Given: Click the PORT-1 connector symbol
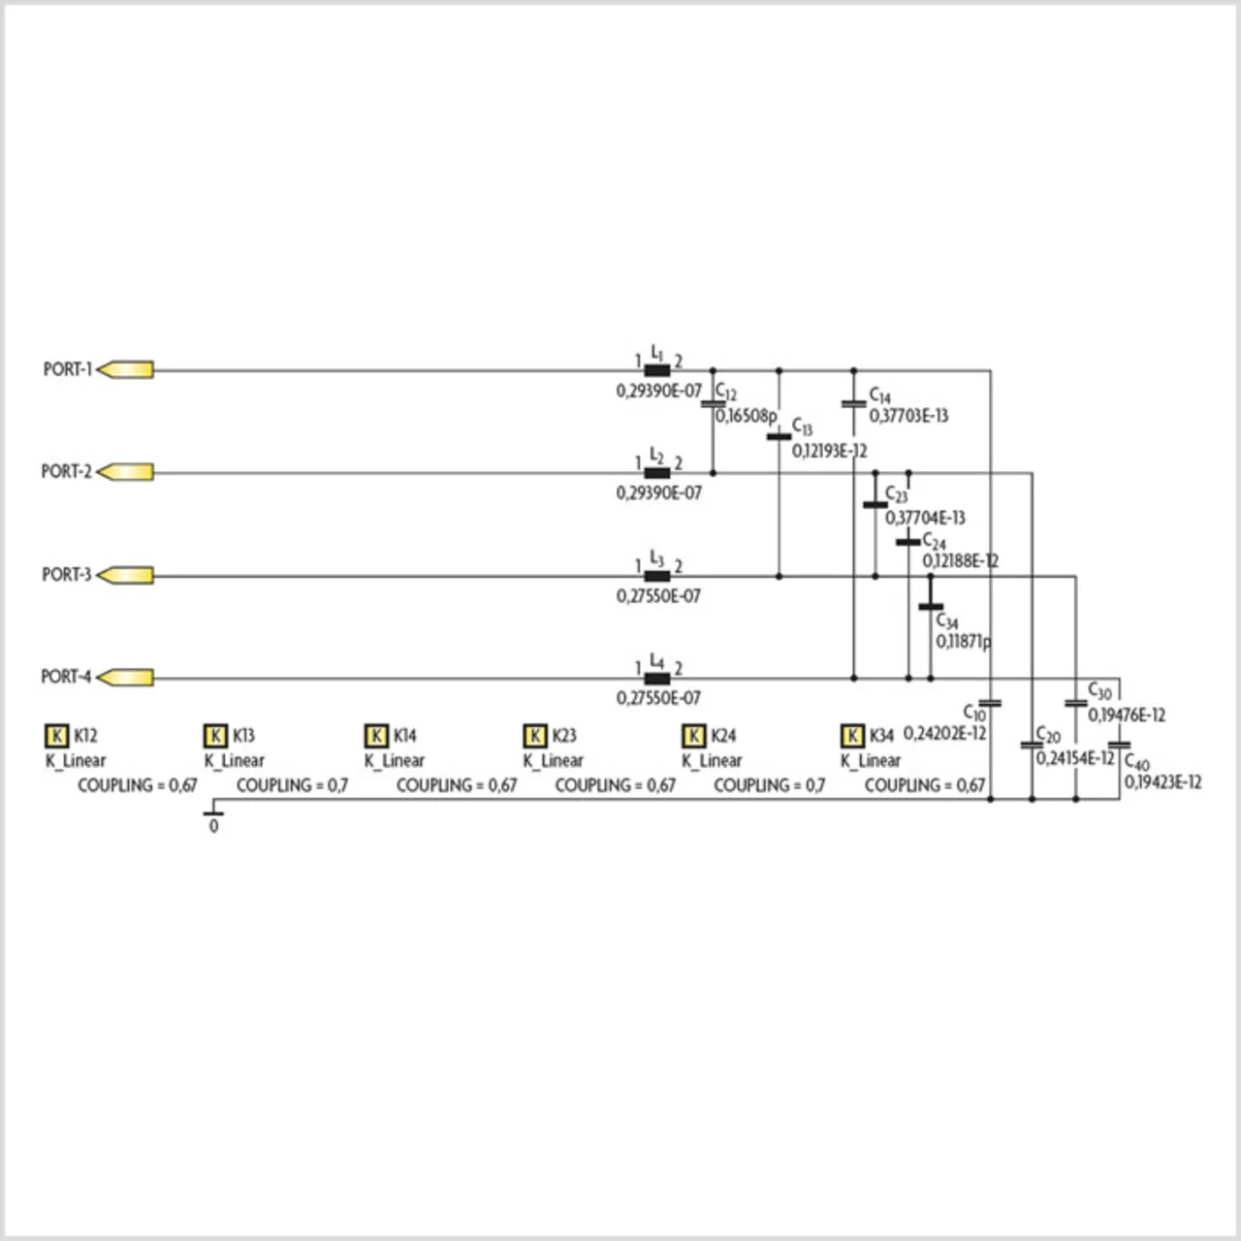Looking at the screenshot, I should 126,369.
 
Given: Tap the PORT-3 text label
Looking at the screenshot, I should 66,575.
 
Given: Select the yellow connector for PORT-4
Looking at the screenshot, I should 126,677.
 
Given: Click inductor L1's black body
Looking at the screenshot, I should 657,369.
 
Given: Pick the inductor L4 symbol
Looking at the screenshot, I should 657,678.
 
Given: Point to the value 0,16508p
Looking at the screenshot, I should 747,416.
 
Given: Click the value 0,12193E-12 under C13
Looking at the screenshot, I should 829,451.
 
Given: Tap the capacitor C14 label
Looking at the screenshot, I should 879,396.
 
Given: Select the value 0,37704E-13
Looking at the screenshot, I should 925,518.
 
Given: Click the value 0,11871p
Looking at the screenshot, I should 963,642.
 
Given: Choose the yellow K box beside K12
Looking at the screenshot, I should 57,735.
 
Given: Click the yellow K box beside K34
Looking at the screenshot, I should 852,735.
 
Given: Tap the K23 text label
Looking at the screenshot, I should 563,736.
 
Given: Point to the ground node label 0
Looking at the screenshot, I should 213,827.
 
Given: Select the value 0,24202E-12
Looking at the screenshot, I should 944,733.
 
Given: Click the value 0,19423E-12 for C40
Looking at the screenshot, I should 1162,781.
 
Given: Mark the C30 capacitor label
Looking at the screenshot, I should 1099,692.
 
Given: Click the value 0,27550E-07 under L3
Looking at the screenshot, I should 658,596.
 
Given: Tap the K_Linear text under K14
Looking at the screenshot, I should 395,761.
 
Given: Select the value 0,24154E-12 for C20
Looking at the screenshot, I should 1075,757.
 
